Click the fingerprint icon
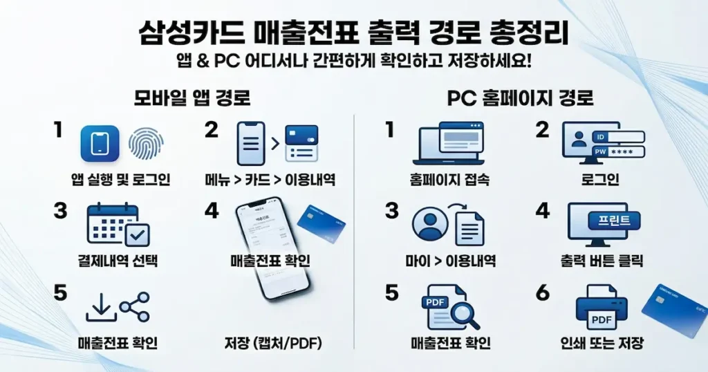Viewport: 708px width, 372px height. (x=146, y=143)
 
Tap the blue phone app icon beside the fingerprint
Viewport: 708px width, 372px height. (x=100, y=143)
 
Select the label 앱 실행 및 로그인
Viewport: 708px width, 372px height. (x=121, y=180)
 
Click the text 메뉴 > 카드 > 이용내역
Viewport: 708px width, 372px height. (x=270, y=180)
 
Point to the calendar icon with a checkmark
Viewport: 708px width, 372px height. (x=118, y=224)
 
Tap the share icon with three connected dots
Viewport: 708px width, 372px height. (x=134, y=307)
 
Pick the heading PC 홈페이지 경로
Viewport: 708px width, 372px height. (x=520, y=98)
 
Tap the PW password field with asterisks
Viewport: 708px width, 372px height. (x=615, y=151)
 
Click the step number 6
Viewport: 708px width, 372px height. (x=543, y=292)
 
